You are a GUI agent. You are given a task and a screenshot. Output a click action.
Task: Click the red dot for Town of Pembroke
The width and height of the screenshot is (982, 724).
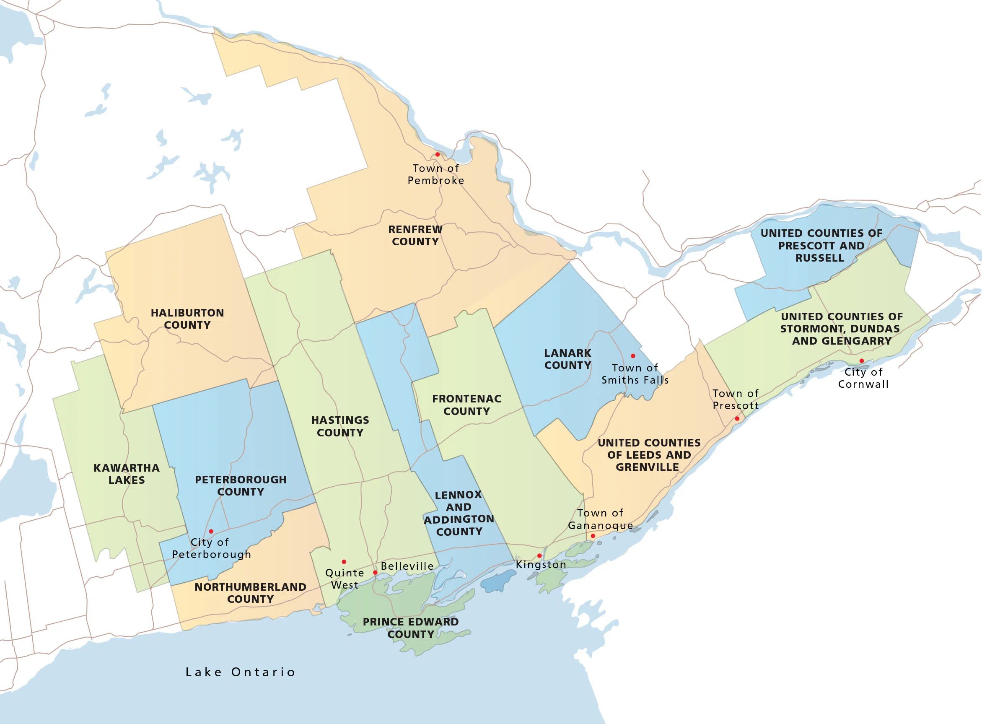(437, 154)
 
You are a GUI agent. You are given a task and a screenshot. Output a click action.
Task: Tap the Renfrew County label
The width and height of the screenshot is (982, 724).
(415, 235)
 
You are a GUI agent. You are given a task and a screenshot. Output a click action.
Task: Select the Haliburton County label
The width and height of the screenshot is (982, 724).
(187, 319)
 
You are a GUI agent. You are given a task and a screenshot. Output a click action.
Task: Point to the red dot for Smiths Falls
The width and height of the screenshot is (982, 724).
(633, 356)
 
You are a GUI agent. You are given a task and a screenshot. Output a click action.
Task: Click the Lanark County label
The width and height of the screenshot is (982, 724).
(567, 359)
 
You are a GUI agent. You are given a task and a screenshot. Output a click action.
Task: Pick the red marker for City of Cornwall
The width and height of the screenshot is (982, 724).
(861, 361)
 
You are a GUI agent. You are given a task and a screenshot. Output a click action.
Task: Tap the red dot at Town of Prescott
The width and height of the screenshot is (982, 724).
(737, 418)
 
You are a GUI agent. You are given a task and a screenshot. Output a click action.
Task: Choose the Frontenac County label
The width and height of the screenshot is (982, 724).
(466, 405)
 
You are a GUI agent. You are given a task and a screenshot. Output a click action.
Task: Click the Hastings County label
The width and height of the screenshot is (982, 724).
(340, 426)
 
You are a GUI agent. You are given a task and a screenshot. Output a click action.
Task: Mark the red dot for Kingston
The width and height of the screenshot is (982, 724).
(539, 556)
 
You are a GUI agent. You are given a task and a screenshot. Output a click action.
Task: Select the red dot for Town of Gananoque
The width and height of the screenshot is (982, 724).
(593, 536)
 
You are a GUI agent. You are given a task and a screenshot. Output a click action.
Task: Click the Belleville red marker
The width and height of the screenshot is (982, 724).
(375, 572)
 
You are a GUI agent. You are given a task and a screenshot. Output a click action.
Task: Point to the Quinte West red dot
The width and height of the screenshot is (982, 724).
(344, 562)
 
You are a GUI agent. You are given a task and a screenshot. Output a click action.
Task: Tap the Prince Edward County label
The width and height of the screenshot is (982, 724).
(411, 628)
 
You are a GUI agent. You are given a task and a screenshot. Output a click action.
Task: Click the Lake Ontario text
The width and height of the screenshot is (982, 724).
(240, 672)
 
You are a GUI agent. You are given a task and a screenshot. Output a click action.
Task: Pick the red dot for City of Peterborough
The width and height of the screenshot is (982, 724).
(211, 532)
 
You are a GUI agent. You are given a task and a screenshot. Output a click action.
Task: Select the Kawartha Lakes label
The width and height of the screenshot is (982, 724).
(127, 474)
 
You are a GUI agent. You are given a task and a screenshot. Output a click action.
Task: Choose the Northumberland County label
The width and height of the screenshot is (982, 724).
(250, 593)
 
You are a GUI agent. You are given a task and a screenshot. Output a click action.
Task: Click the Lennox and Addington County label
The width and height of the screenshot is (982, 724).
(459, 513)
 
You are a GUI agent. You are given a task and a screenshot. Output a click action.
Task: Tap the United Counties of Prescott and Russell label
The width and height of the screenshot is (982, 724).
(821, 245)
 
